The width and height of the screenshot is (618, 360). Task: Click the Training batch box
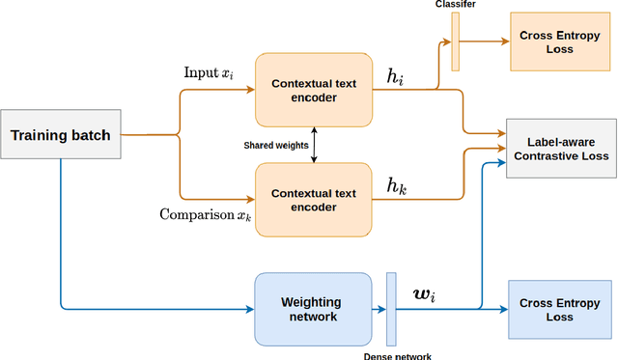click(61, 135)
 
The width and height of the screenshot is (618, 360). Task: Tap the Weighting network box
click(313, 309)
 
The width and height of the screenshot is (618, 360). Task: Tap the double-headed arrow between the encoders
click(313, 146)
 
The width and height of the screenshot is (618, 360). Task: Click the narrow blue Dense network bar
click(391, 309)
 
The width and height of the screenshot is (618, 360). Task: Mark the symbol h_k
click(397, 187)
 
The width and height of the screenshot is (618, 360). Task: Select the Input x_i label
click(208, 73)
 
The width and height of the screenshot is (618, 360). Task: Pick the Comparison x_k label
click(206, 215)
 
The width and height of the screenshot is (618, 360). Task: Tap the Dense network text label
click(396, 354)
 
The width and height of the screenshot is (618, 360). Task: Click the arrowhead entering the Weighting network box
click(249, 309)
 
